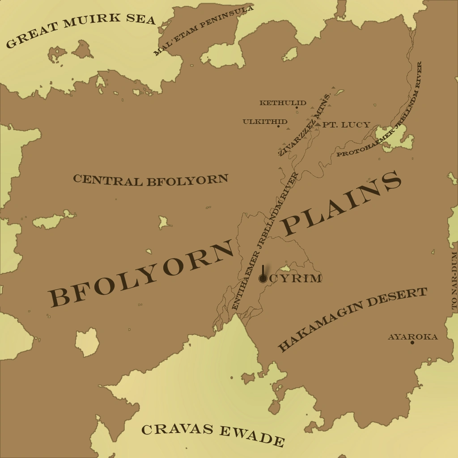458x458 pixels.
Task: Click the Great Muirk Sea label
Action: coord(81,30)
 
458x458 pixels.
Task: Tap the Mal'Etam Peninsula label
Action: coord(204,30)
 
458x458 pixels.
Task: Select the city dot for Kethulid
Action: coord(297,107)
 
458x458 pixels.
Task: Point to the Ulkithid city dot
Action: coord(278,126)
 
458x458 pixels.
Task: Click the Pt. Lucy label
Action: coord(346,125)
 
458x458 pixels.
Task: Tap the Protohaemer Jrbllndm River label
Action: coord(380,112)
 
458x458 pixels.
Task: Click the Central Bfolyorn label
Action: coord(150,180)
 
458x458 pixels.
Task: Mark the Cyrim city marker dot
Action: coord(263,279)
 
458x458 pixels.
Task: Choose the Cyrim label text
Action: coord(296,279)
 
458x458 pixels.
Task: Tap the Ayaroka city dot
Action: coord(412,343)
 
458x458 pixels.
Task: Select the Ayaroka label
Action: coord(412,336)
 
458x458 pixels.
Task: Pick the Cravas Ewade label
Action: coord(213,434)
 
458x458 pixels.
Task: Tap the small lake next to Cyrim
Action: coord(284,269)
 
